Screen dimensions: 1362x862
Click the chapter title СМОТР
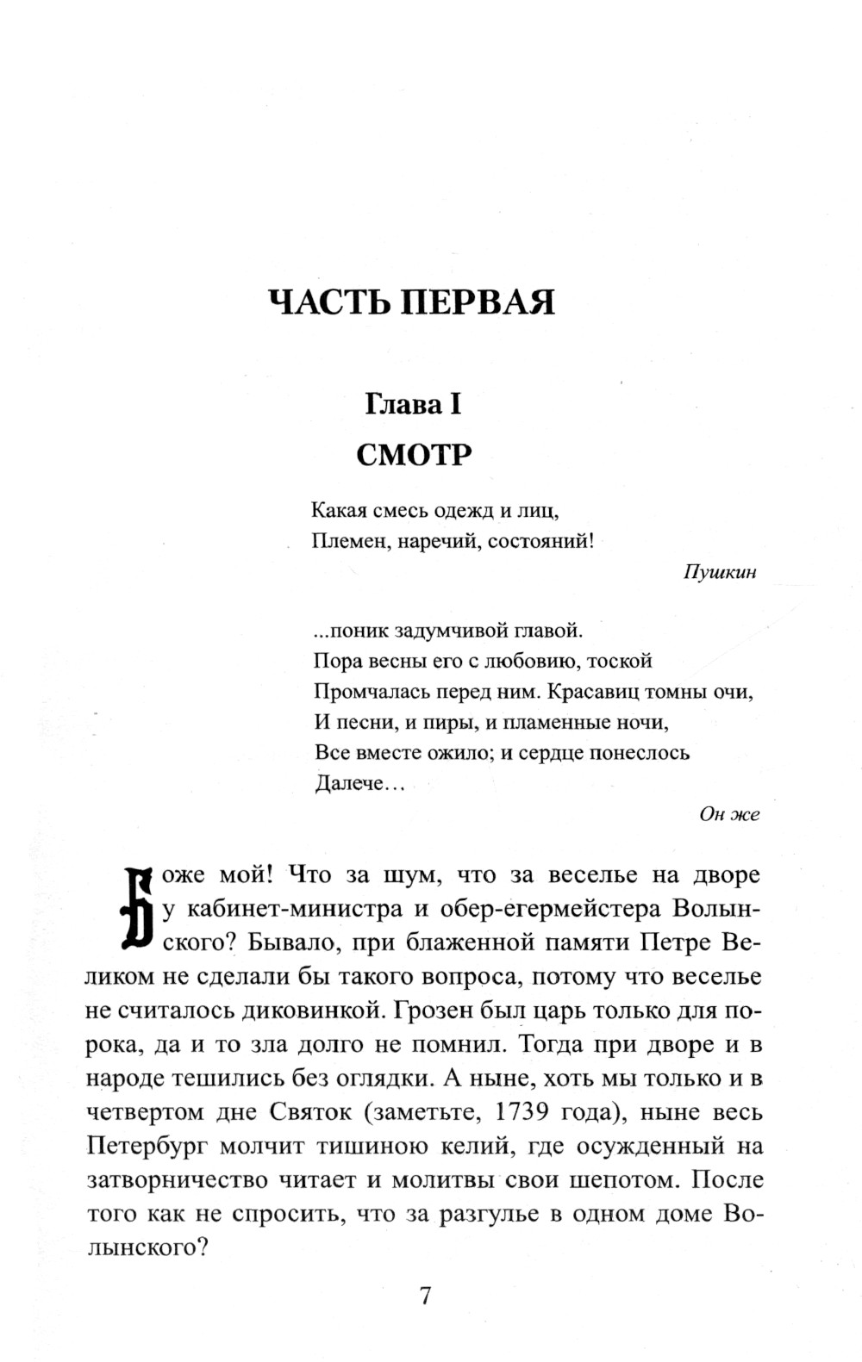pos(414,454)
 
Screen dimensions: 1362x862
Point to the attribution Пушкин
pos(720,572)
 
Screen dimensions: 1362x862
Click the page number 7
pos(424,1296)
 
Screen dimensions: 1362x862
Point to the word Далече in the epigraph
pos(347,784)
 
